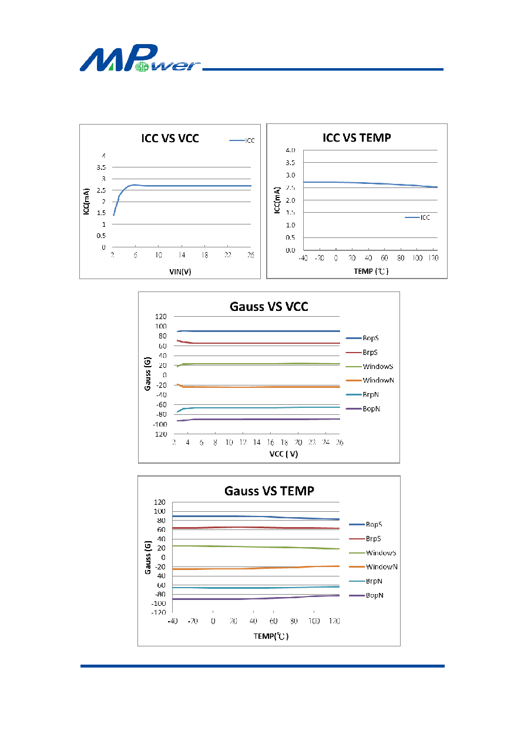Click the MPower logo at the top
tap(140, 58)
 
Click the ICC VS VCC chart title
tap(170, 138)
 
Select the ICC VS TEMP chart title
tap(357, 138)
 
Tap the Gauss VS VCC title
tap(269, 306)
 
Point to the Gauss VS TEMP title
tap(269, 491)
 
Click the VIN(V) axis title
tap(180, 271)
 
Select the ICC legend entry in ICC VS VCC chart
tap(242, 140)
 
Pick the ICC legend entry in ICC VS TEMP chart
tap(417, 217)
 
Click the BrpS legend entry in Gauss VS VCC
tap(362, 353)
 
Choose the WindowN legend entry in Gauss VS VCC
tap(370, 380)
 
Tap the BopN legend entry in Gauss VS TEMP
tap(367, 595)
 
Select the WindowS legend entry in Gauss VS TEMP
tap(372, 553)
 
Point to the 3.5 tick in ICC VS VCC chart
tap(101, 167)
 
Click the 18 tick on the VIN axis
tap(204, 255)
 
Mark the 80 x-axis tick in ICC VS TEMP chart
tap(401, 258)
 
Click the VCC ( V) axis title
tap(284, 454)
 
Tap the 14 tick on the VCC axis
tap(257, 442)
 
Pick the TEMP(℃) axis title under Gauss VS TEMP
tap(271, 636)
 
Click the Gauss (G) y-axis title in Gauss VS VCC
tap(147, 374)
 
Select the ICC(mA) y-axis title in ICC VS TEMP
tap(277, 200)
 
